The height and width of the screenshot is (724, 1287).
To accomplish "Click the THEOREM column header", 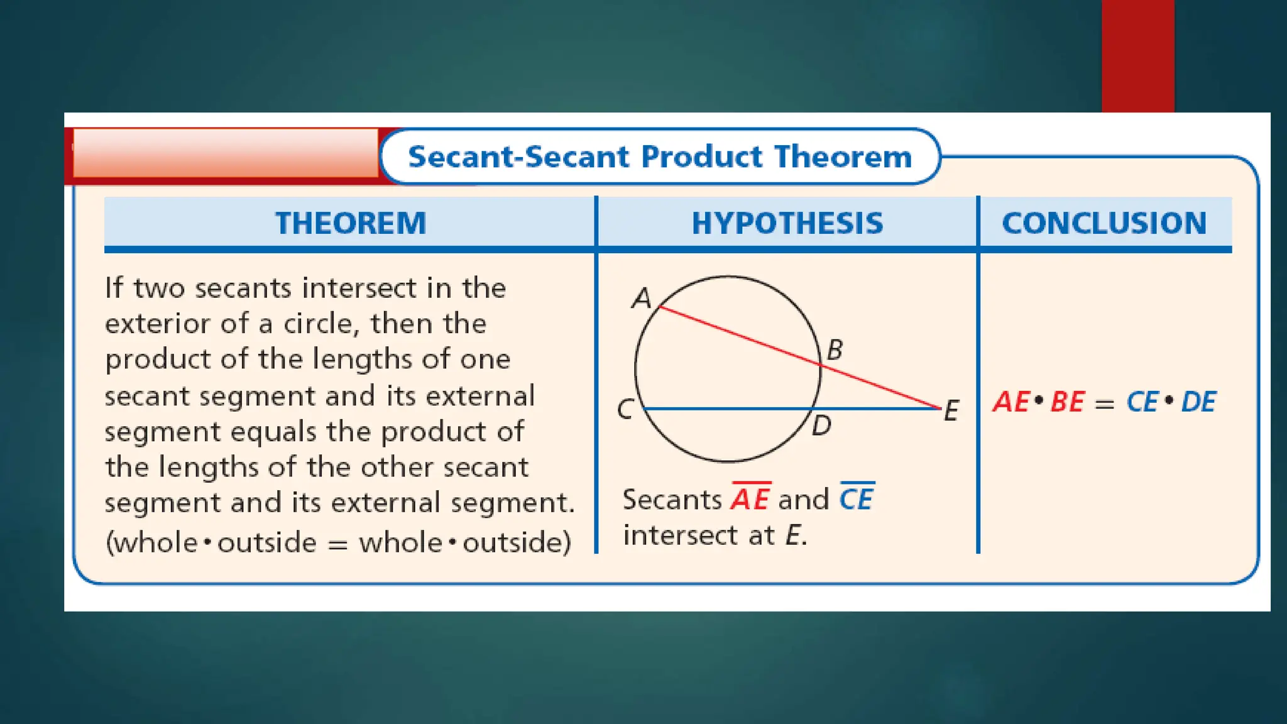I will coord(351,223).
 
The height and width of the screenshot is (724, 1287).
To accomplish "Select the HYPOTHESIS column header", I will coord(787,223).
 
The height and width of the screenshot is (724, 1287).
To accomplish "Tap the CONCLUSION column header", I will coord(1104,223).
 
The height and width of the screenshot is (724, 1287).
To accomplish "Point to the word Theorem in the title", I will coord(843,156).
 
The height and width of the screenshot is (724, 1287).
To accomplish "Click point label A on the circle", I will coord(641,298).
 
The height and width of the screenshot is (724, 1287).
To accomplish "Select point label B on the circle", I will coord(835,350).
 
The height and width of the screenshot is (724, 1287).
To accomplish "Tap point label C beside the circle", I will coord(625,410).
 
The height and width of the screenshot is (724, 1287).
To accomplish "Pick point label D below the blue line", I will coord(821,426).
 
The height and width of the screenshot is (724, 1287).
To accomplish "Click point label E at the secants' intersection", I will coord(951,411).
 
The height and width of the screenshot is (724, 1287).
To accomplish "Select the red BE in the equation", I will coord(1068,402).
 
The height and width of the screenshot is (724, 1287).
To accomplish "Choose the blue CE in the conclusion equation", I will coord(1142,402).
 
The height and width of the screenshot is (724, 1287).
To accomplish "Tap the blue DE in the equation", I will coord(1198,402).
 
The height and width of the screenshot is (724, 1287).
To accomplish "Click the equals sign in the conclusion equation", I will coord(1104,404).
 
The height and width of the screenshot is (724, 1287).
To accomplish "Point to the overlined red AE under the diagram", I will coord(750,499).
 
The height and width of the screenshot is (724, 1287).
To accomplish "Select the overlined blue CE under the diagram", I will coord(857,499).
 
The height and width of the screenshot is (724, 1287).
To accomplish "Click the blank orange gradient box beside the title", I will coord(226,153).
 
